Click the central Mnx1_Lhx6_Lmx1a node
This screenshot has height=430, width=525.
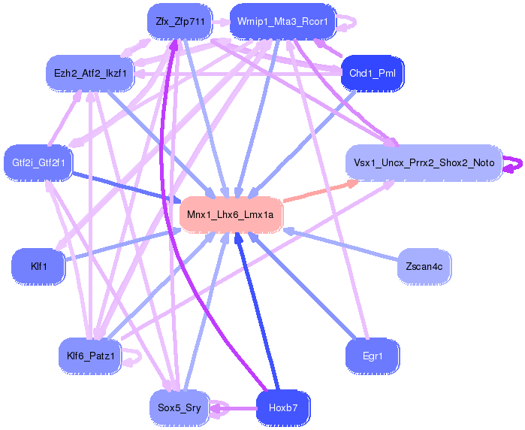(230, 215)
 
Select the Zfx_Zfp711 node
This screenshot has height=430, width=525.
(180, 22)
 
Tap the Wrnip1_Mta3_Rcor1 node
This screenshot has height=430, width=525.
(282, 22)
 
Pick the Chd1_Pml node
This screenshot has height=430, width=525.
(373, 73)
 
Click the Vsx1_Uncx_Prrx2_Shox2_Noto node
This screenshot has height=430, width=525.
(424, 162)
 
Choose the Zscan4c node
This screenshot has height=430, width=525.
(424, 266)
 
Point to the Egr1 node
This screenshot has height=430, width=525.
(372, 355)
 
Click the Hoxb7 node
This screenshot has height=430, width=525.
(283, 409)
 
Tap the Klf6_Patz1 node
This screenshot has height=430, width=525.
(89, 356)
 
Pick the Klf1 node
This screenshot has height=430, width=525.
(38, 266)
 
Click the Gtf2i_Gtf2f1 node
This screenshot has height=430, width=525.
(38, 162)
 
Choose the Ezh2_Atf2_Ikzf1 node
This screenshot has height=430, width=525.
(89, 73)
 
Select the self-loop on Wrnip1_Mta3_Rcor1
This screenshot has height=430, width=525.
(347, 22)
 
